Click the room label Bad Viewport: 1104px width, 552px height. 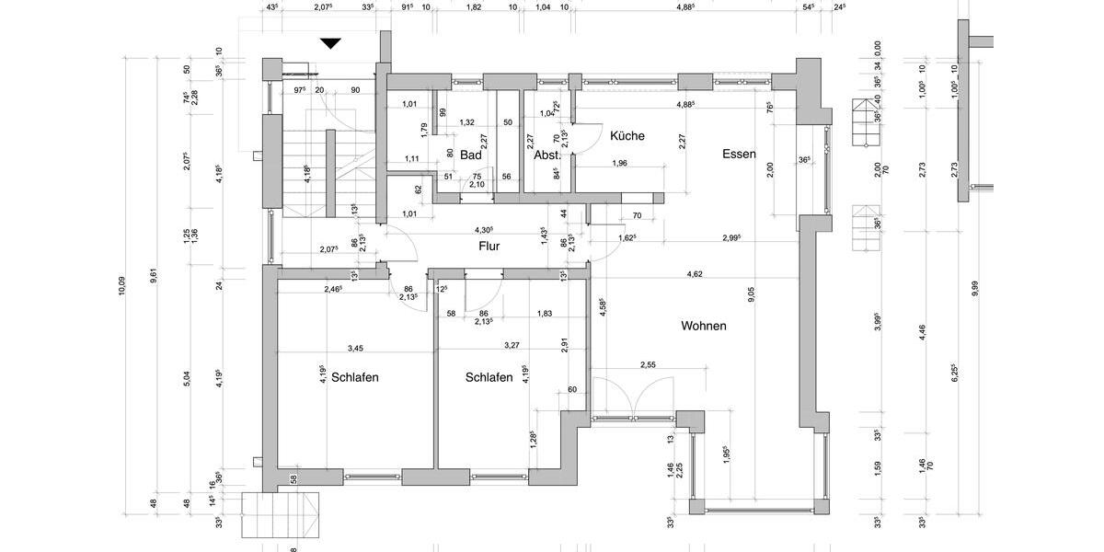point(471,155)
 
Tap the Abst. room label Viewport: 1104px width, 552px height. point(546,155)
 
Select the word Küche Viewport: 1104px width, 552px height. point(627,136)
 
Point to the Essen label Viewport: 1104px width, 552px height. point(739,155)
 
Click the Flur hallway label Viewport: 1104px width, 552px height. point(489,247)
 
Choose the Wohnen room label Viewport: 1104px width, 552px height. point(704,326)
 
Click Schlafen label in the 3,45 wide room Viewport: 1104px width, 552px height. point(355,377)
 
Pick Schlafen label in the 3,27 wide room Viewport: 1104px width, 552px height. point(489,377)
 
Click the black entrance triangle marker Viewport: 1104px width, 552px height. point(331,43)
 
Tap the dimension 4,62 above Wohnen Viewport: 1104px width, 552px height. point(696,274)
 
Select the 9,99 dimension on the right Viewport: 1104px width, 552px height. point(975,288)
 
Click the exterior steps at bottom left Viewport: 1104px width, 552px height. point(280,516)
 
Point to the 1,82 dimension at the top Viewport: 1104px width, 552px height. point(474,7)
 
